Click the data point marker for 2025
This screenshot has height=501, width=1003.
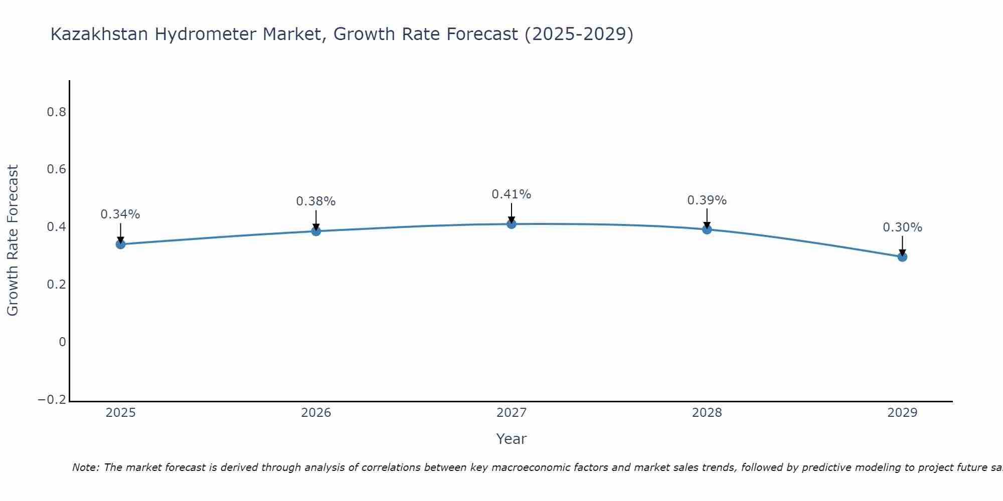click(120, 244)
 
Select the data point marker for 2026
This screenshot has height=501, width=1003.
click(316, 231)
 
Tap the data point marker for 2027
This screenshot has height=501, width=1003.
click(512, 224)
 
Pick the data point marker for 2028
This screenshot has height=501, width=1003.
click(707, 229)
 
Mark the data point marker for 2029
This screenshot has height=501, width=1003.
click(902, 257)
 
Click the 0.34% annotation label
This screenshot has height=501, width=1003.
click(120, 214)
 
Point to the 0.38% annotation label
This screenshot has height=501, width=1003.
click(316, 201)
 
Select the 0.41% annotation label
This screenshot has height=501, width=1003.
click(512, 194)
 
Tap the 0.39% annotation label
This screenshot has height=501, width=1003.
click(707, 200)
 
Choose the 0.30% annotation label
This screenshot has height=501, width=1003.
click(902, 227)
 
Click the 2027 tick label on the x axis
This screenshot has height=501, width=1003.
click(512, 413)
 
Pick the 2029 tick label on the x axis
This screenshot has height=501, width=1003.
click(902, 413)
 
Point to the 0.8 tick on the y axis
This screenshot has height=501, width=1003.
click(57, 112)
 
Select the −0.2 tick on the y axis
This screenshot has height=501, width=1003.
click(52, 400)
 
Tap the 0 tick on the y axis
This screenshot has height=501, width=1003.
click(63, 342)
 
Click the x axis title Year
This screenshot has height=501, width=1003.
click(512, 439)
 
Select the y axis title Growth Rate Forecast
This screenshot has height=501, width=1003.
click(13, 240)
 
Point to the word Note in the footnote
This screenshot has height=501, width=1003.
click(86, 467)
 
